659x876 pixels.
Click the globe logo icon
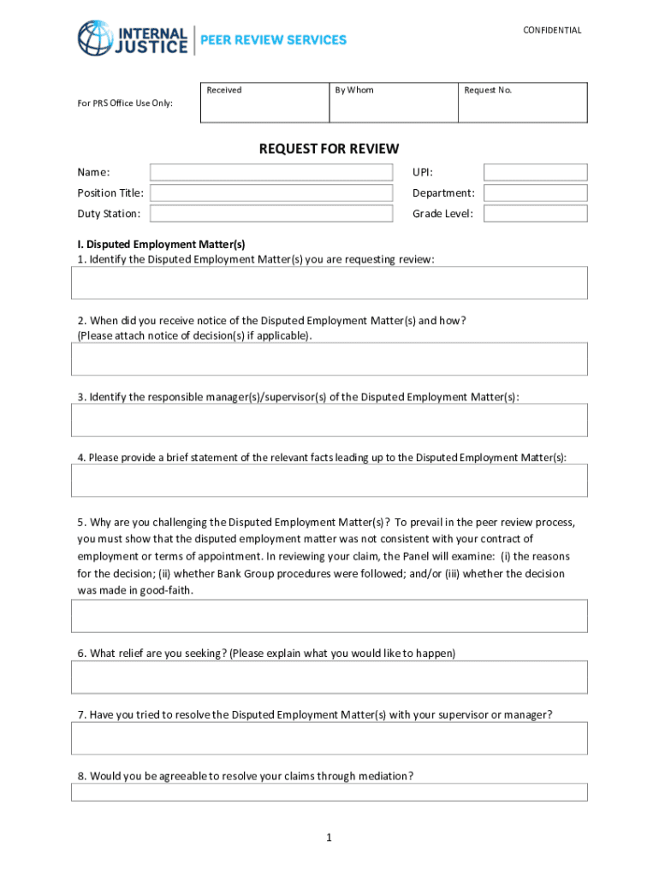[x=94, y=38]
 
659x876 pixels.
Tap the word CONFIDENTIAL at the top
[x=552, y=31]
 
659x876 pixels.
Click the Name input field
[x=271, y=173]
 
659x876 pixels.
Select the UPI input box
[x=535, y=173]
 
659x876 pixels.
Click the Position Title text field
[x=271, y=193]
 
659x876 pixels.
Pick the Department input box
[x=535, y=193]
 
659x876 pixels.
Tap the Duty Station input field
[x=271, y=214]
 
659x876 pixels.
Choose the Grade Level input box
[x=535, y=214]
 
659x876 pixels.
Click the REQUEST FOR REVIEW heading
[x=329, y=150]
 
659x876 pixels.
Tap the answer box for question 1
[x=329, y=282]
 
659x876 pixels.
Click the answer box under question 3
[x=329, y=420]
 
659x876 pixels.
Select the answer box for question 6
[x=329, y=677]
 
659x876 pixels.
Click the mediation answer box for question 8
[x=329, y=792]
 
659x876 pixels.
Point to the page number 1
[x=329, y=838]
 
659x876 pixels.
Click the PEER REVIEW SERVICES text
[x=273, y=40]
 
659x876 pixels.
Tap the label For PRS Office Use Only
[x=125, y=104]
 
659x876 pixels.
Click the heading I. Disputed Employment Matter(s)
[x=161, y=245]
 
